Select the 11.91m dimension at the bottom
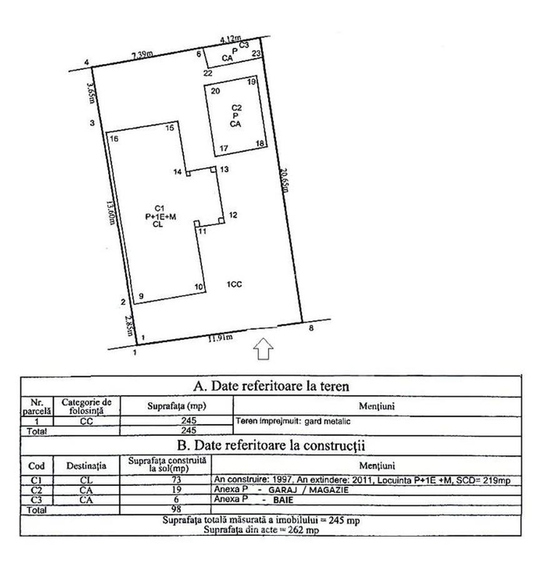point(219,338)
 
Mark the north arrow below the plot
point(263,349)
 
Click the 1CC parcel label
point(234,285)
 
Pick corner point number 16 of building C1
point(114,139)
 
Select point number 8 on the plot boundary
point(311,327)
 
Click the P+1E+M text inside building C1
point(160,216)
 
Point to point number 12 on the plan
point(232,215)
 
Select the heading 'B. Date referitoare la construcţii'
point(270,446)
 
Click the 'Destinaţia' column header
point(86,465)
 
